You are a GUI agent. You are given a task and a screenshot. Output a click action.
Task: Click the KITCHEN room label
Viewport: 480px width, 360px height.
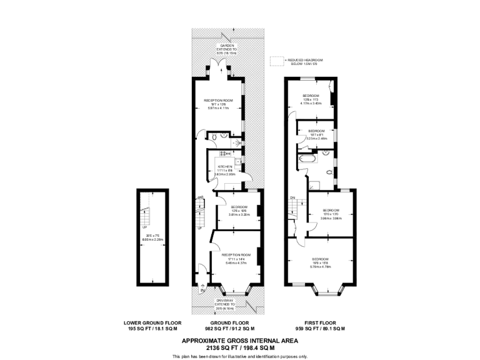coord(226,166)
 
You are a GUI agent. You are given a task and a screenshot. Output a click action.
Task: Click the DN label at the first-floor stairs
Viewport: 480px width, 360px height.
coord(292,198)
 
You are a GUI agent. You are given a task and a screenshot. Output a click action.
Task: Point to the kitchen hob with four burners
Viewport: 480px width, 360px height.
coord(221,157)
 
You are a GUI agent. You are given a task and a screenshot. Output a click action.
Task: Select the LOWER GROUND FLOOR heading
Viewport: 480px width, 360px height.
coord(152,322)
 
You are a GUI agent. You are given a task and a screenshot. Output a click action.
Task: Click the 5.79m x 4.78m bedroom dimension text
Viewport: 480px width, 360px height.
coord(320,267)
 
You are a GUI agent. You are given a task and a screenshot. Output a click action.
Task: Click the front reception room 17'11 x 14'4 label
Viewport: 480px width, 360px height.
coord(236,259)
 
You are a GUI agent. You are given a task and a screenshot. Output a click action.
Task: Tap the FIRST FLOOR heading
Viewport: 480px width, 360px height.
coord(320,322)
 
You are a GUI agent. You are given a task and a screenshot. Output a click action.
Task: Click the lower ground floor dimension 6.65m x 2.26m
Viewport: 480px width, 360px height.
coord(152,239)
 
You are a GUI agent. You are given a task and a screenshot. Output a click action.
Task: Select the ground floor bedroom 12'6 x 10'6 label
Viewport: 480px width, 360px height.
coord(239,211)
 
